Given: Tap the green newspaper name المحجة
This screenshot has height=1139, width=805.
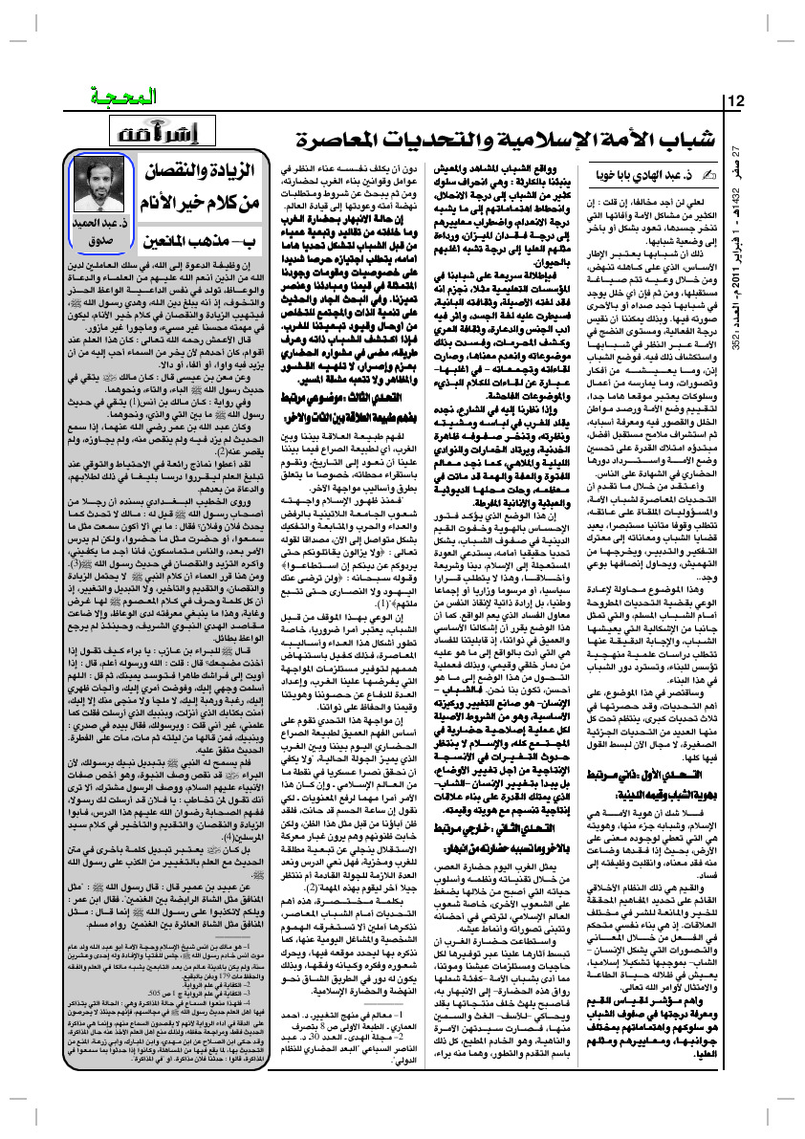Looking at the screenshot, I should (104, 99).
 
